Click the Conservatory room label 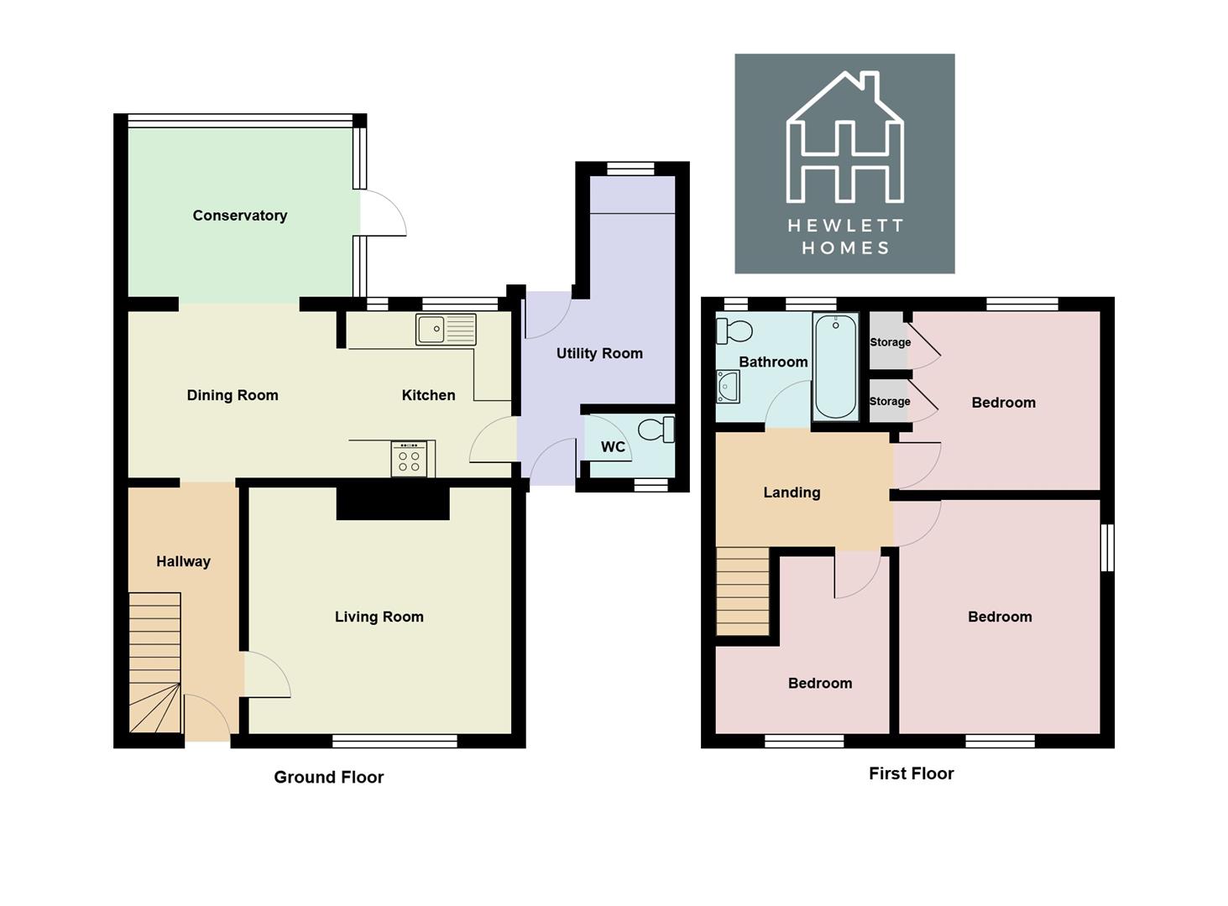pyautogui.click(x=240, y=216)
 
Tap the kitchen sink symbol pyautogui.click(x=445, y=330)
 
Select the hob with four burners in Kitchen pyautogui.click(x=410, y=459)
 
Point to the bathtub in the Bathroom pyautogui.click(x=835, y=366)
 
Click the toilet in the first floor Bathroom pyautogui.click(x=734, y=331)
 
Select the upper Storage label pyautogui.click(x=890, y=342)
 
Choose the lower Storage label pyautogui.click(x=890, y=401)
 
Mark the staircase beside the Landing pyautogui.click(x=742, y=591)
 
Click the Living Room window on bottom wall pyautogui.click(x=395, y=741)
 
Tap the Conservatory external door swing pyautogui.click(x=384, y=213)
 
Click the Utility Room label pyautogui.click(x=599, y=353)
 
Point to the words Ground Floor pyautogui.click(x=328, y=777)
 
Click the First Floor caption pyautogui.click(x=911, y=773)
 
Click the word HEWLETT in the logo pyautogui.click(x=844, y=226)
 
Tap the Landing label pyautogui.click(x=792, y=492)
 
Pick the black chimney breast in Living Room pyautogui.click(x=393, y=502)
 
